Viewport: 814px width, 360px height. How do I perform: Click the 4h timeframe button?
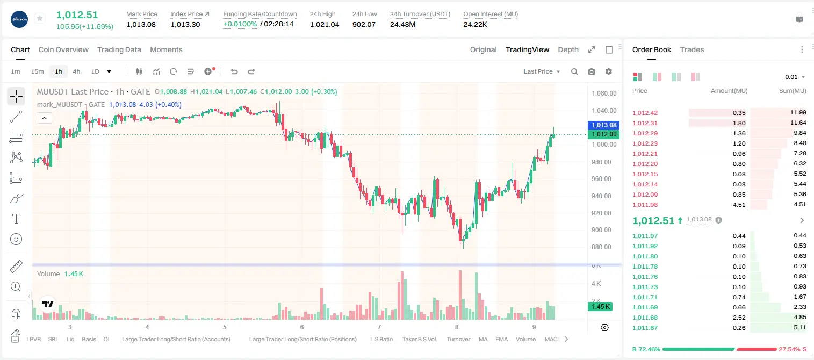pos(76,71)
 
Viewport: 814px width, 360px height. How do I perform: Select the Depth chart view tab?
pos(568,50)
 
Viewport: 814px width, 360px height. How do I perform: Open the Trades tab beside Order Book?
pos(692,50)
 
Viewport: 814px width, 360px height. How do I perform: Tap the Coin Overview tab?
pos(63,50)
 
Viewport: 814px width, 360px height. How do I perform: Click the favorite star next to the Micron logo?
pos(40,18)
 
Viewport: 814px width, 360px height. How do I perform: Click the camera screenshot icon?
pos(592,71)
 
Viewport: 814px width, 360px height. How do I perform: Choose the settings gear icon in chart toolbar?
pos(609,71)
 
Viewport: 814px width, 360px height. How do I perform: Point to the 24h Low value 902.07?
pos(364,24)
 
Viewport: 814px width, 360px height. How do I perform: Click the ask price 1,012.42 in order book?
pos(645,113)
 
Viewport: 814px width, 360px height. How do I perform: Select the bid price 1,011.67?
pos(645,328)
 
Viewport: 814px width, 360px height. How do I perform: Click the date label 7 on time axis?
pos(379,327)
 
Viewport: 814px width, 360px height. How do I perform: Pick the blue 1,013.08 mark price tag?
pos(604,125)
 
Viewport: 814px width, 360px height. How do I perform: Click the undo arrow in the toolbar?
pos(234,71)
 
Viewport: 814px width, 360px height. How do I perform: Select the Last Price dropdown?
pos(542,71)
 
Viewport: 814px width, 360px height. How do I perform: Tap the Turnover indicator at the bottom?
pos(458,339)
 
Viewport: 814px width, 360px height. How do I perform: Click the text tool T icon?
pos(16,219)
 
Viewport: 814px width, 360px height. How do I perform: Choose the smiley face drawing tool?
pos(16,239)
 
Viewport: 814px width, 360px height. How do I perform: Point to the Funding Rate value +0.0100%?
pos(240,24)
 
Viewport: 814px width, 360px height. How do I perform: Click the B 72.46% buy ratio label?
pos(646,349)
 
